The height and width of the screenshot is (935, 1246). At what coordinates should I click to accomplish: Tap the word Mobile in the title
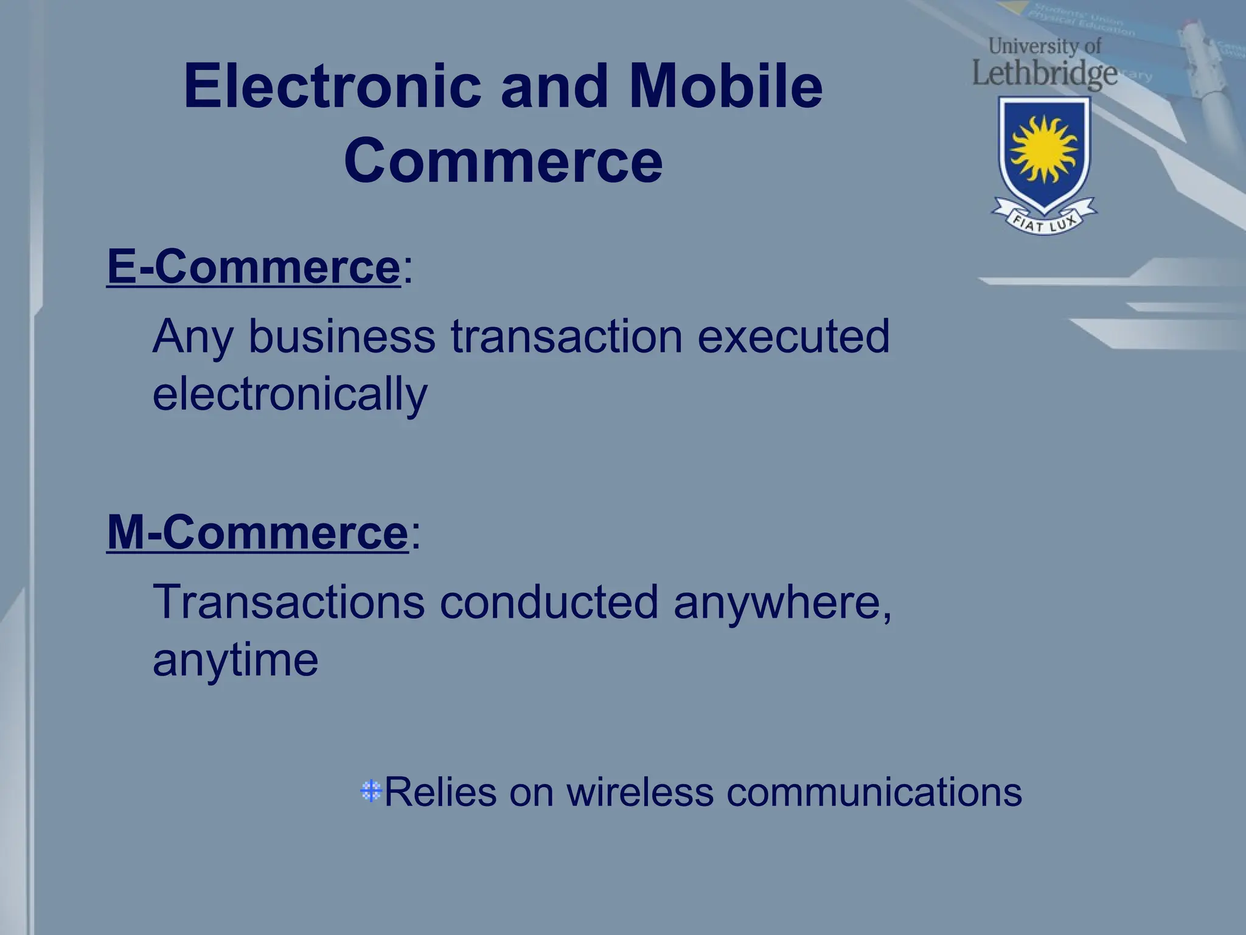tap(725, 87)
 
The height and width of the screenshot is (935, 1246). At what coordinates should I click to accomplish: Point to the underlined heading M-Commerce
tap(257, 533)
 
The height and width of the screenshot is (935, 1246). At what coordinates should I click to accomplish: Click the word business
tap(342, 337)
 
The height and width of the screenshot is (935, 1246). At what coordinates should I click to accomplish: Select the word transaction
tap(566, 337)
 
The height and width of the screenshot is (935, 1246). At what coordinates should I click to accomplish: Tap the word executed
tap(793, 337)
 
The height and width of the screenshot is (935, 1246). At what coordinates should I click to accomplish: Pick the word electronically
tap(290, 394)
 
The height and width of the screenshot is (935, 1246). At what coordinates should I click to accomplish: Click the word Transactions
tap(289, 602)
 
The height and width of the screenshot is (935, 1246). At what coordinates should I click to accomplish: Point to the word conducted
tap(549, 602)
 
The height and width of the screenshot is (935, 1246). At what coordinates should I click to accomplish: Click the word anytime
tap(235, 660)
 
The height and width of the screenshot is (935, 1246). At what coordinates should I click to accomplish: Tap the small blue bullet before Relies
tap(371, 791)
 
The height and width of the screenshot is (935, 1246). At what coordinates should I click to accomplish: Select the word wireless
tap(640, 793)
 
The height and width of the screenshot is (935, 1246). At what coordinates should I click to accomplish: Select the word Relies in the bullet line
tap(440, 793)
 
